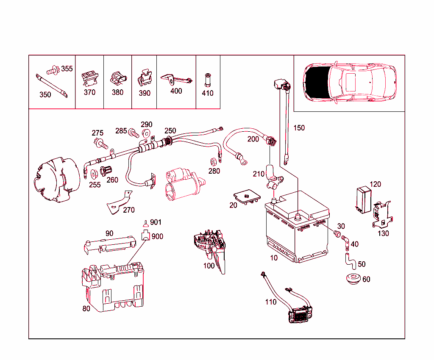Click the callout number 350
tap(45, 94)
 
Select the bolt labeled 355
tap(54, 70)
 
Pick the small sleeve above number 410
tap(208, 78)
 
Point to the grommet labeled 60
tap(352, 279)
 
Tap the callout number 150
tap(299, 128)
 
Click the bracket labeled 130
tap(382, 214)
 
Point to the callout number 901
tap(156, 222)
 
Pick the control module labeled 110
tap(301, 316)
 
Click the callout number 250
tap(170, 130)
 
